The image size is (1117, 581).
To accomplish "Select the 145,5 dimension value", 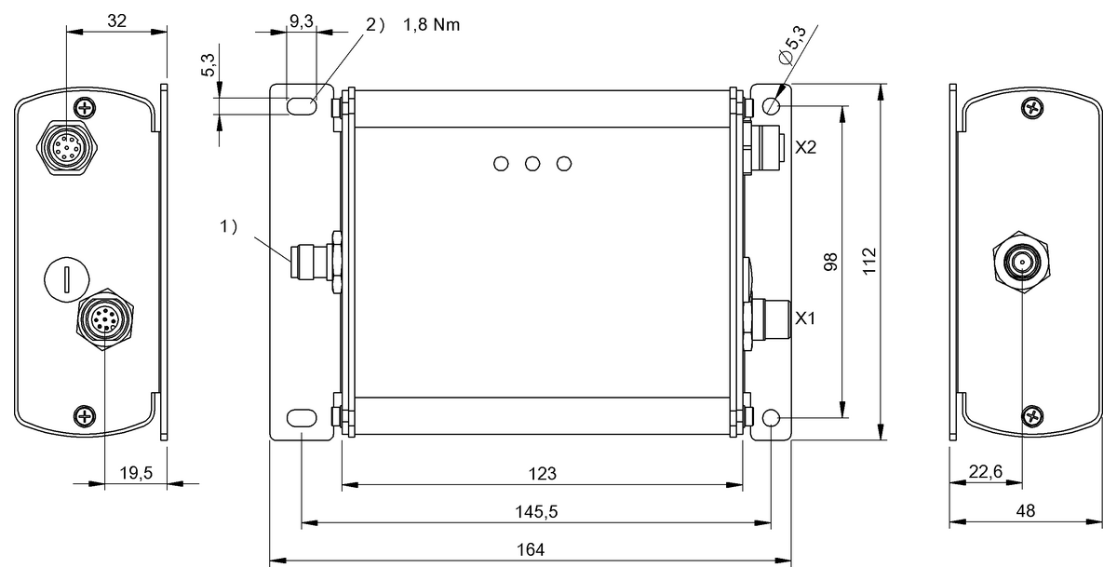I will [x=536, y=512].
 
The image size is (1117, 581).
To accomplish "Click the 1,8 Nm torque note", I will [x=431, y=25].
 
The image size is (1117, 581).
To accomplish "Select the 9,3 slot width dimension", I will [x=301, y=20].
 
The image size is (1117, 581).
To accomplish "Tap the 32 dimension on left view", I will [x=117, y=20].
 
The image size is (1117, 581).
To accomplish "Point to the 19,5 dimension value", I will [x=137, y=473].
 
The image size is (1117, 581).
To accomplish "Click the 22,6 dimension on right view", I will [x=985, y=472].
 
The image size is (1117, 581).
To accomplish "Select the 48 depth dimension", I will [x=1024, y=511].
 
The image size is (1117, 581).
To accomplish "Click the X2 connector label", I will [x=806, y=147].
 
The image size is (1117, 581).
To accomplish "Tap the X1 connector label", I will [x=806, y=318].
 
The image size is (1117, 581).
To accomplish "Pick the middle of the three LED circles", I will [x=532, y=164].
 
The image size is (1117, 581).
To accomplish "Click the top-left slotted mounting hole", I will [x=301, y=106].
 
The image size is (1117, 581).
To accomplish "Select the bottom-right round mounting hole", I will [x=772, y=420].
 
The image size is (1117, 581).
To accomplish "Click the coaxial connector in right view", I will [x=1022, y=263].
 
